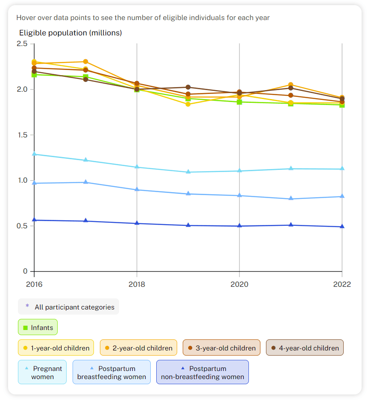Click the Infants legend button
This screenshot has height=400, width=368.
pos(38,327)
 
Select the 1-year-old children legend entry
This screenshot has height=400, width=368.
pos(56,348)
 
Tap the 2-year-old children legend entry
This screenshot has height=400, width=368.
pos(138,348)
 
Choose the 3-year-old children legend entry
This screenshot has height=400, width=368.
pos(221,348)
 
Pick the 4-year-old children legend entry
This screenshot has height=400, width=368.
pos(304,348)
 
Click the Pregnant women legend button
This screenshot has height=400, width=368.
pos(42,372)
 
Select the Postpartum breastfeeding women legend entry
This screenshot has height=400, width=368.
pos(111,372)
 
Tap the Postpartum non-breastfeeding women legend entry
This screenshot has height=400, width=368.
pos(202,372)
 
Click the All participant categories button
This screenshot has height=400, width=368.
pos(68,307)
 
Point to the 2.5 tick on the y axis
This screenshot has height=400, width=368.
pos(22,44)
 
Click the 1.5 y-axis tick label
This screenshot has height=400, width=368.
pos(22,135)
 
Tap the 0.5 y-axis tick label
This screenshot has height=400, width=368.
pos(22,226)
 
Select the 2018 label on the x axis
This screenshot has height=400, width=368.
pos(137,284)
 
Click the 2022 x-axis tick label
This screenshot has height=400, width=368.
pos(342,284)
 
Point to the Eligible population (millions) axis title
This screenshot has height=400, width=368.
pos(70,33)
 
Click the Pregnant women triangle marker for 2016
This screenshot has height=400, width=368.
pos(34,154)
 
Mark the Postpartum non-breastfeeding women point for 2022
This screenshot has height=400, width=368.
pos(342,226)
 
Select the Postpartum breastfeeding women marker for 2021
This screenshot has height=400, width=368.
pos(291,199)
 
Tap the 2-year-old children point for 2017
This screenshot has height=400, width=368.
pos(85,62)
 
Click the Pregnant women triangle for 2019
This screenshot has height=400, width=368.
pos(188,172)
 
